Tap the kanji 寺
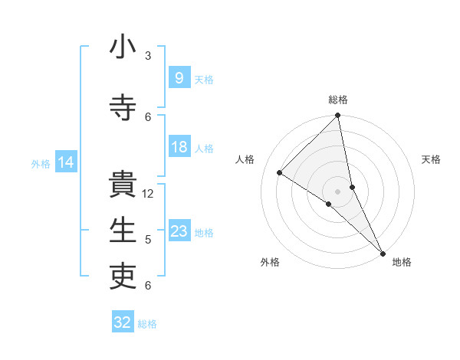coord(123,108)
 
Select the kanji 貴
coord(123,185)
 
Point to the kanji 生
coord(123,231)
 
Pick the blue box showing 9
coord(179,78)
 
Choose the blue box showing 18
coord(179,147)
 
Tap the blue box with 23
coord(179,231)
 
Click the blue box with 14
coord(65,162)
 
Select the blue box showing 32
coord(123,322)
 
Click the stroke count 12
coord(148,194)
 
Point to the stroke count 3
coord(148,56)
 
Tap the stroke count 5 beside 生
coord(148,240)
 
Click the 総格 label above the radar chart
coord(337,100)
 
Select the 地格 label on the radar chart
coord(402,263)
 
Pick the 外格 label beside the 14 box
coord(40,163)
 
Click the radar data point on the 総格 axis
coord(337,116)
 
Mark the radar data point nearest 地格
coord(383,253)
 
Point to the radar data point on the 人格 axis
coord(280,173)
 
